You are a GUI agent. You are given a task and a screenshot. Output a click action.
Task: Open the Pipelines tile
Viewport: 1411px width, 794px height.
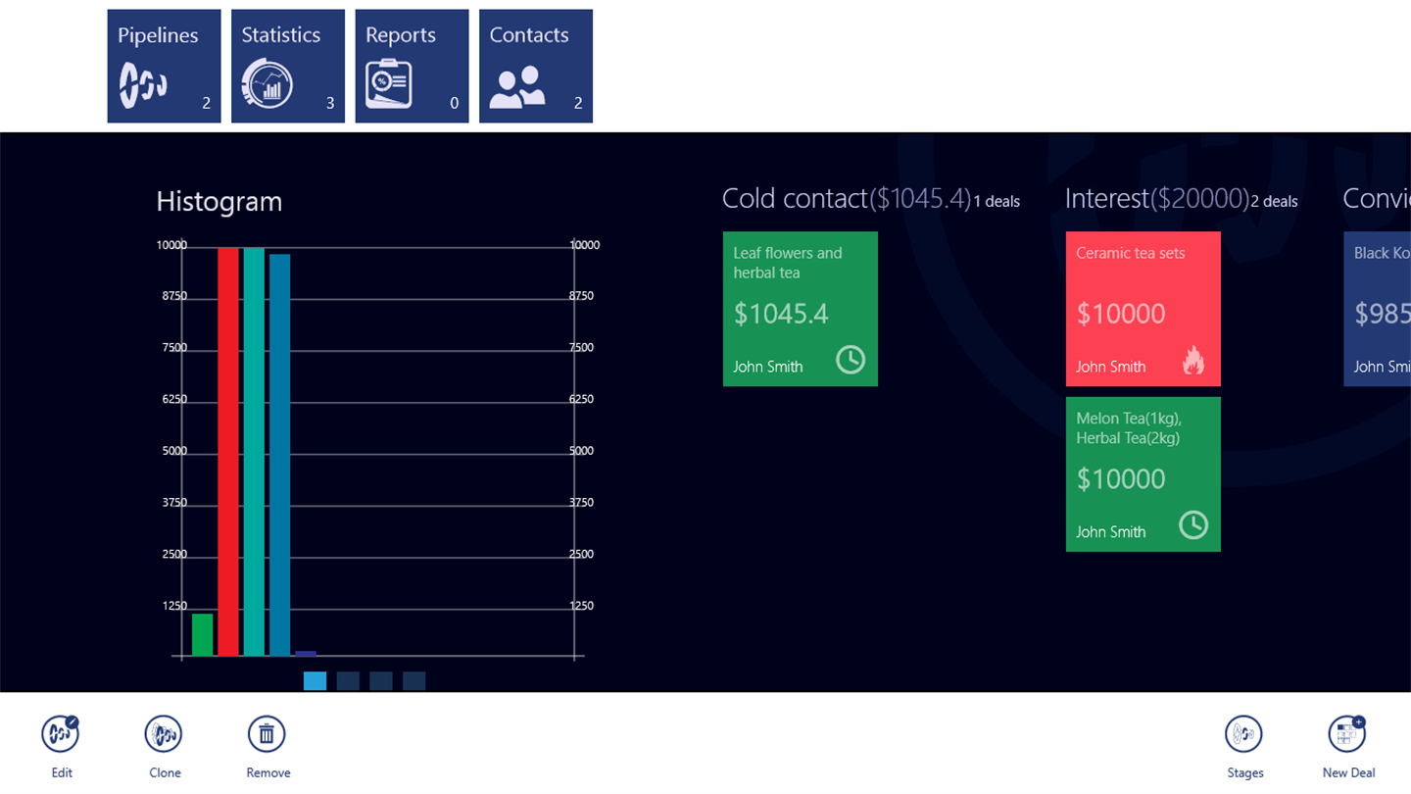point(164,67)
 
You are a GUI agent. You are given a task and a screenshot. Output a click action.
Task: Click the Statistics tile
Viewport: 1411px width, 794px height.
point(287,67)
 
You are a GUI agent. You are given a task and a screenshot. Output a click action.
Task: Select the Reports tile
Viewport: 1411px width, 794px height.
point(412,67)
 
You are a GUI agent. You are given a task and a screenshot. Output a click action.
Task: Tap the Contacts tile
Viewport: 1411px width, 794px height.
point(535,67)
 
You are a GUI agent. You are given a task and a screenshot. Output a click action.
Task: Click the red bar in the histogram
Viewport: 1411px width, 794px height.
point(228,451)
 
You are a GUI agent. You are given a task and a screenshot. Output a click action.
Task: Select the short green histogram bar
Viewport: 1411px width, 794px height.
point(202,634)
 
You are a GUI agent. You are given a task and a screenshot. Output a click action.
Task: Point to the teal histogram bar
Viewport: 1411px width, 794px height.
point(254,451)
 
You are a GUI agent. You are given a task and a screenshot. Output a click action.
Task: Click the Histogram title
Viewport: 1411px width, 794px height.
point(219,202)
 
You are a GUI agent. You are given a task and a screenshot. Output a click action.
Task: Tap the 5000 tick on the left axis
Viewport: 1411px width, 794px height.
point(173,451)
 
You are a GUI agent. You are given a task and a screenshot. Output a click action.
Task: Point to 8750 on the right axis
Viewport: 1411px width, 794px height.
point(581,296)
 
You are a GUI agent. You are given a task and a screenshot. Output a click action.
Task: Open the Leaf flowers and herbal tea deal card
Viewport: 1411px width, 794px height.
point(800,309)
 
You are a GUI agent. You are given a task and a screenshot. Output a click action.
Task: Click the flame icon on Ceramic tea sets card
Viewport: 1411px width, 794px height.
point(1192,361)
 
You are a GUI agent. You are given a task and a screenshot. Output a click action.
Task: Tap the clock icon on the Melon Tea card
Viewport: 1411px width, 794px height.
point(1192,525)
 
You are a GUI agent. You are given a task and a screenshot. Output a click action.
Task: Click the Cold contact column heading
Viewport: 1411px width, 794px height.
point(795,199)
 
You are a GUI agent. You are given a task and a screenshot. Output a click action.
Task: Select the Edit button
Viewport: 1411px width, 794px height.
point(61,735)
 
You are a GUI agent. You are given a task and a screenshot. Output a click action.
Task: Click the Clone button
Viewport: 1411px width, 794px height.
point(164,735)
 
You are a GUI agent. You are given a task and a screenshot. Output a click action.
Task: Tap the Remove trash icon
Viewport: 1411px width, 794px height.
point(267,735)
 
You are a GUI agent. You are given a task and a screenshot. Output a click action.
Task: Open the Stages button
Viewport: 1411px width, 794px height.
point(1243,735)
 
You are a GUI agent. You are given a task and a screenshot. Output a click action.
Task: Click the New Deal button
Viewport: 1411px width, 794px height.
point(1347,735)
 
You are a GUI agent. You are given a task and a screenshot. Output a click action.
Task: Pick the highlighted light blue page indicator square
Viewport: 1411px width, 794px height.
point(315,681)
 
